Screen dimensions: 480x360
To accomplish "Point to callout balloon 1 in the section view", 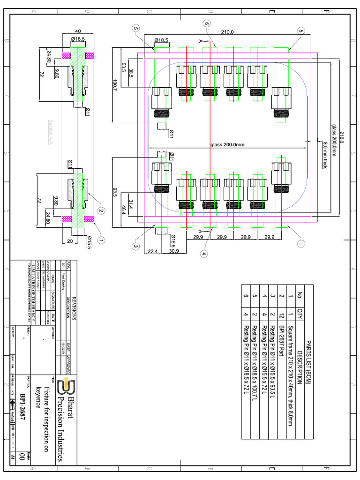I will coord(101,239).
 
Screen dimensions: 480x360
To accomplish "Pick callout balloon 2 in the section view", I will coord(101,211).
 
